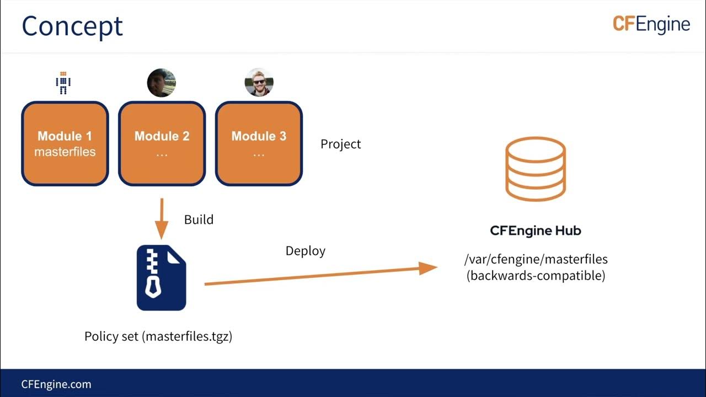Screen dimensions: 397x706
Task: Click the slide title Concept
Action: (72, 26)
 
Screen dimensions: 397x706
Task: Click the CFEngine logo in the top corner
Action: (651, 24)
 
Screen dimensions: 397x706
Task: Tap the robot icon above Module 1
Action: (63, 83)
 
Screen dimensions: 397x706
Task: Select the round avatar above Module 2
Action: (161, 83)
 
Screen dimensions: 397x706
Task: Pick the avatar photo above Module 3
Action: (259, 83)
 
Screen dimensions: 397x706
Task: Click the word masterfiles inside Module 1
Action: (65, 152)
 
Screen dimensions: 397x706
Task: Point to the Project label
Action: (340, 144)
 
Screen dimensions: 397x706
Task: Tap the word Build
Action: (199, 219)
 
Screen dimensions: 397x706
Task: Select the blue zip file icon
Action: (161, 278)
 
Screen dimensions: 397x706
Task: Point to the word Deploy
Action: (305, 251)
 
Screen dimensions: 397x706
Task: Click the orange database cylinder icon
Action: (536, 169)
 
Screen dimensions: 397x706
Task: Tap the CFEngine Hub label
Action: (536, 230)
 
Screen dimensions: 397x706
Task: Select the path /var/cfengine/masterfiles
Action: (536, 259)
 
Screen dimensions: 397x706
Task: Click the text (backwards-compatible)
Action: (536, 275)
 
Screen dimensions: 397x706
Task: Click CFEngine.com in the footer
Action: (56, 384)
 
